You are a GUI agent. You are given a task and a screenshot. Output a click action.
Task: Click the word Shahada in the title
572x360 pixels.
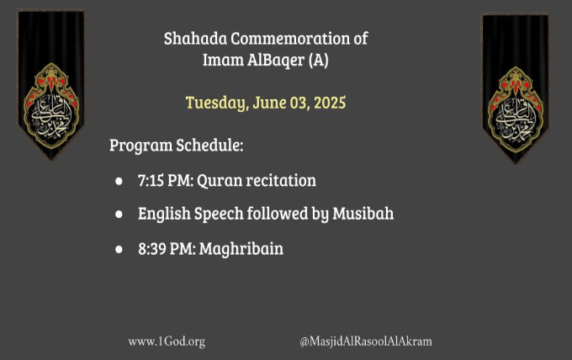[x=195, y=39]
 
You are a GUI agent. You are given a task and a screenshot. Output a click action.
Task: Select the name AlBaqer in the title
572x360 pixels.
[x=276, y=61]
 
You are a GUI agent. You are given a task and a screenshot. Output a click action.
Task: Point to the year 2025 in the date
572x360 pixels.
[x=330, y=103]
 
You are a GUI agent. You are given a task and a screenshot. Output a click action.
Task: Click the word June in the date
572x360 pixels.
[x=269, y=103]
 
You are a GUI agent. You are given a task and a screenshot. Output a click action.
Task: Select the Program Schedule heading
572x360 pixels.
[x=176, y=146]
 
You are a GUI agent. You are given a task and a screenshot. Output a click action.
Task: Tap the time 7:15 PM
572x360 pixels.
[x=166, y=181]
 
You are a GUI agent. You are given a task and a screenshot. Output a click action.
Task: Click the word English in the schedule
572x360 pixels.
[x=164, y=214]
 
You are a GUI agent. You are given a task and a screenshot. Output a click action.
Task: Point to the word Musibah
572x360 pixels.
[x=363, y=214]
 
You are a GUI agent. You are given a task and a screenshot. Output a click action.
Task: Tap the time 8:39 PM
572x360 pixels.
[x=167, y=249]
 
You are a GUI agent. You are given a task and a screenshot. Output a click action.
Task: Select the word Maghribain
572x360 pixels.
[x=241, y=249]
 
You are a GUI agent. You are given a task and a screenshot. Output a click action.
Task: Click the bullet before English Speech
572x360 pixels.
[x=119, y=214]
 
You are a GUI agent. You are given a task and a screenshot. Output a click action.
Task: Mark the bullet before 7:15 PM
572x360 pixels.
[x=119, y=181]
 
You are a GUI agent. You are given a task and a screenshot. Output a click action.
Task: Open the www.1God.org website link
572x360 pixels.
[x=167, y=341]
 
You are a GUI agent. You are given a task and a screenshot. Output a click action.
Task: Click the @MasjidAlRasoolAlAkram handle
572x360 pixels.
[x=366, y=341]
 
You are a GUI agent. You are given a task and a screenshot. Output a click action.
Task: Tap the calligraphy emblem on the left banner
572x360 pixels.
[x=51, y=106]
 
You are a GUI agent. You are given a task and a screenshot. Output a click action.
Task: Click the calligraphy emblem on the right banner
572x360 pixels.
[x=516, y=109]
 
